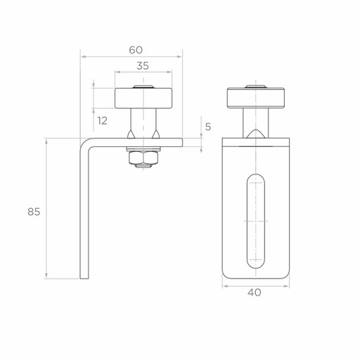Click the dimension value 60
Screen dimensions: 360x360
click(136, 50)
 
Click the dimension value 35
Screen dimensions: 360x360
click(143, 66)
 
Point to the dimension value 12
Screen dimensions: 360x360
click(103, 121)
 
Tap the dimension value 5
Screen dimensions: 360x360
click(208, 127)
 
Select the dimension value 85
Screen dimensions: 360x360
click(34, 212)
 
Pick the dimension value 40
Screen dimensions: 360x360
click(255, 292)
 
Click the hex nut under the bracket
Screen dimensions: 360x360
click(143, 157)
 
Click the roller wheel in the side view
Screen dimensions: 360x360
click(143, 98)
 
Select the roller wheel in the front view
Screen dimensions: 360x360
click(256, 98)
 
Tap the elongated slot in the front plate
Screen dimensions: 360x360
click(256, 221)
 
